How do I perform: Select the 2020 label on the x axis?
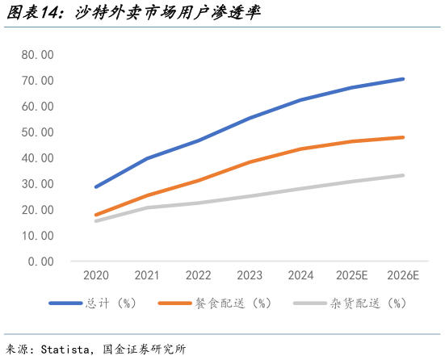[x=95, y=276]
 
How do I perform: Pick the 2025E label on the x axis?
[x=351, y=276]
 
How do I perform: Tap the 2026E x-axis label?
[x=402, y=276]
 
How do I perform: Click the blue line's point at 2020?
[x=96, y=186]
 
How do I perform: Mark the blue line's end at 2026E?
[x=402, y=79]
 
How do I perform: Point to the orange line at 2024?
[x=300, y=149]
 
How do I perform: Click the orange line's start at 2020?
[x=96, y=215]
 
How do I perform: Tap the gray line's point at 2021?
[x=147, y=207]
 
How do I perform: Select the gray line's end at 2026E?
[x=402, y=175]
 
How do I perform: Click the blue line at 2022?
[x=198, y=140]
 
